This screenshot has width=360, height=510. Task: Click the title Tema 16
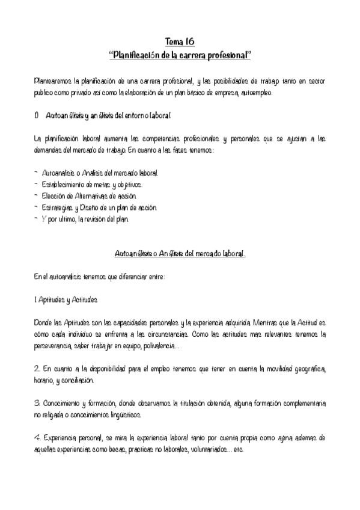(180, 42)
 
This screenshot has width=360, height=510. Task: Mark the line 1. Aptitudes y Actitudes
(66, 299)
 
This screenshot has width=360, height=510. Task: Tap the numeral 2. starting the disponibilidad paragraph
(37, 368)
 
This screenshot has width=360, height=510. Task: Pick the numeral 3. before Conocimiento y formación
(37, 402)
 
